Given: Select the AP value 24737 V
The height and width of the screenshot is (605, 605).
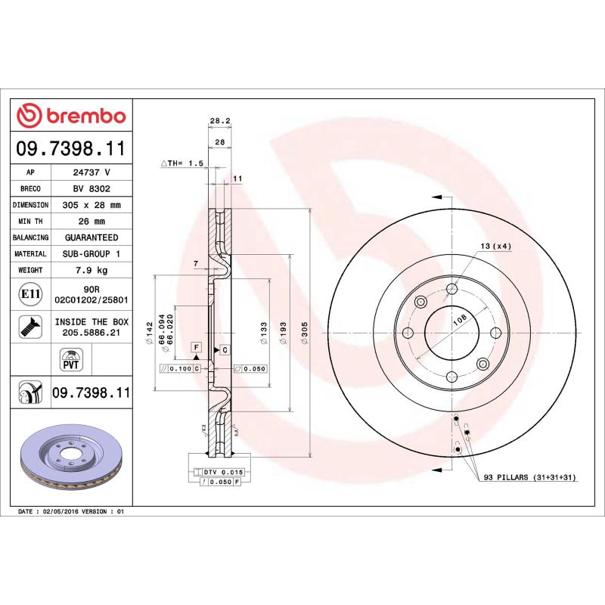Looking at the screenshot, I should (x=91, y=172).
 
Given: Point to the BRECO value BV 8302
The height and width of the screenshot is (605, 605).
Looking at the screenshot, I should (x=91, y=188).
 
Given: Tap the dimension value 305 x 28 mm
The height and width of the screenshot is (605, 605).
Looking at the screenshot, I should (x=91, y=205).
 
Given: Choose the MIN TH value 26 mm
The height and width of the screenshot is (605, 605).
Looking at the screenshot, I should (x=91, y=221).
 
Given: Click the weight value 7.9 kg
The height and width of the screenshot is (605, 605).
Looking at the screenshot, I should (x=91, y=270).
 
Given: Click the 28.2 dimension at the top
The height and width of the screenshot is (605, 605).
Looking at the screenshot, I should (x=219, y=120).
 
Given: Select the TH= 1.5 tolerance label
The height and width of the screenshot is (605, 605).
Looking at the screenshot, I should (x=183, y=163).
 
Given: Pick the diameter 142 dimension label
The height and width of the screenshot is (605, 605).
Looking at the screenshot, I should (x=150, y=333).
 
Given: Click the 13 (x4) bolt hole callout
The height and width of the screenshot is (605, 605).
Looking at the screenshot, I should (x=495, y=247).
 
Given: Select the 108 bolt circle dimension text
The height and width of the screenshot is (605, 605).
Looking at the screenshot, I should (x=458, y=321).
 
